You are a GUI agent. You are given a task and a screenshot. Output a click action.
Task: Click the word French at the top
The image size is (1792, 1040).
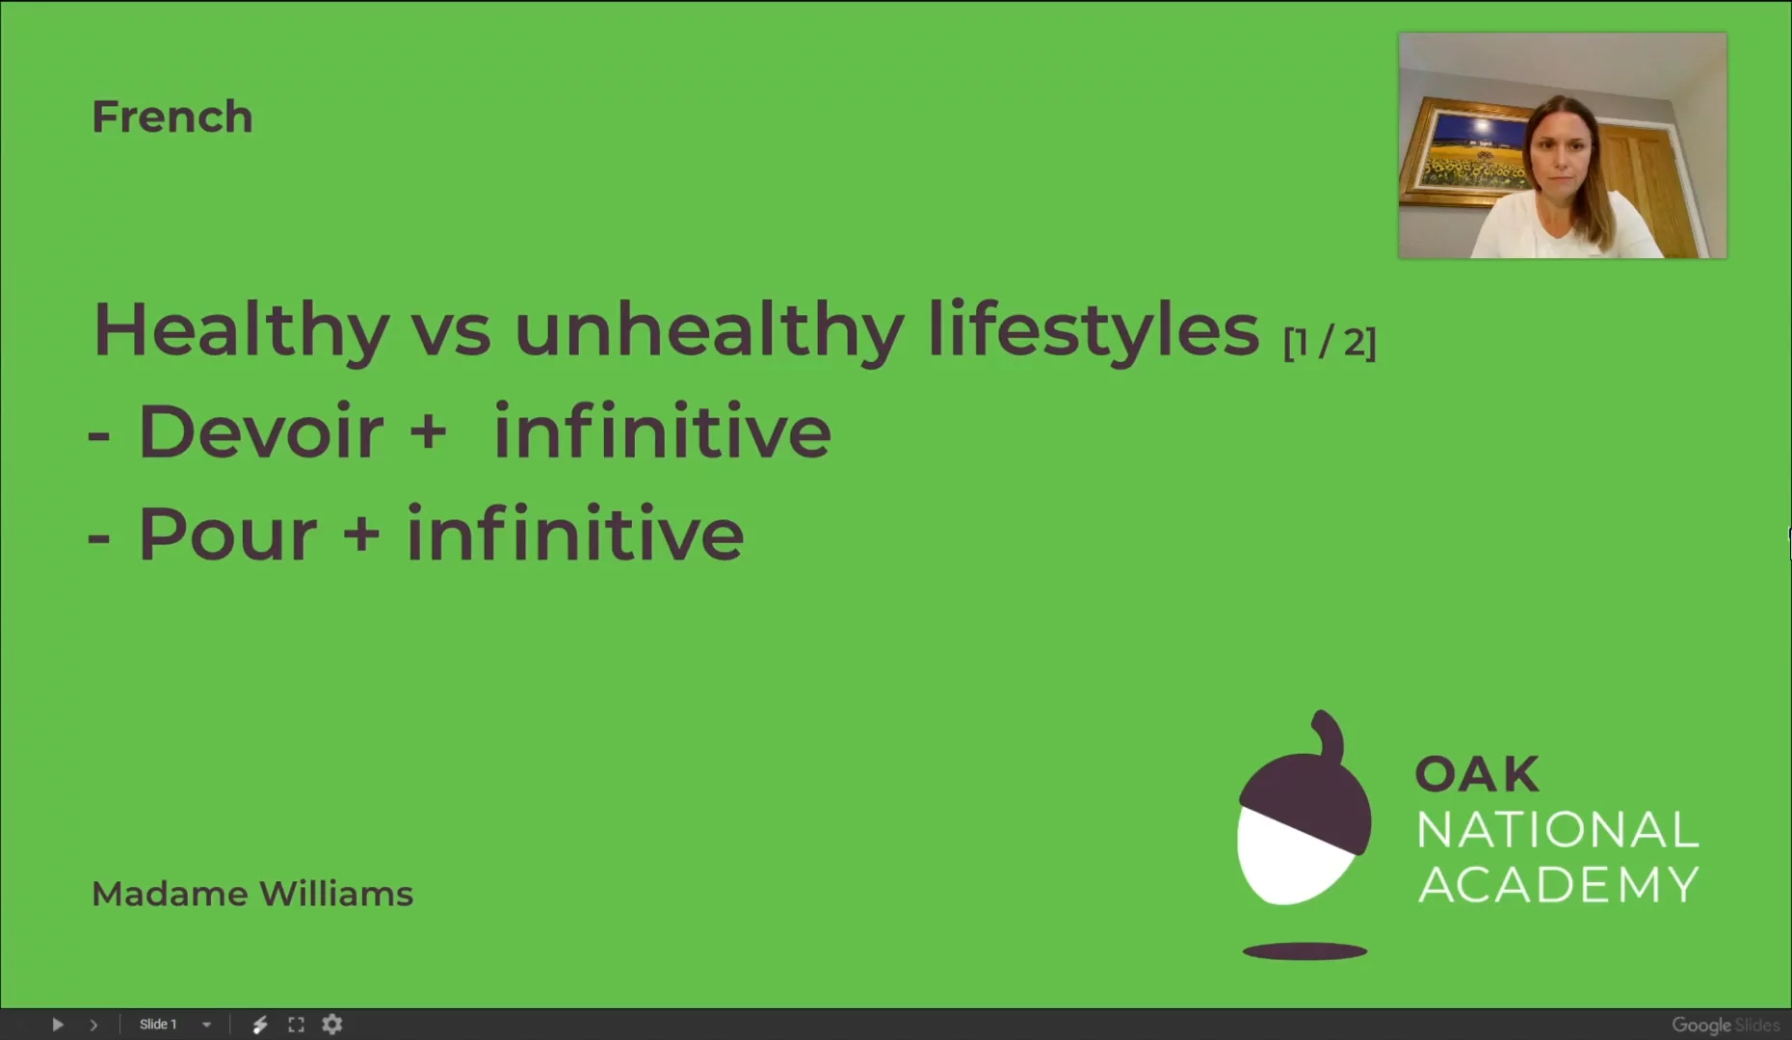pos(171,117)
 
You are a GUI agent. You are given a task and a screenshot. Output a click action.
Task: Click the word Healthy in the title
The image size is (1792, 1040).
pos(241,330)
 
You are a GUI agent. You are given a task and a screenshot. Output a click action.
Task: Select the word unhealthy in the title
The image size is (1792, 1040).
pos(709,330)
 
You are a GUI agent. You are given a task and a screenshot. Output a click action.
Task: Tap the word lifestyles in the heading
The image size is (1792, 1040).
pos(1094,330)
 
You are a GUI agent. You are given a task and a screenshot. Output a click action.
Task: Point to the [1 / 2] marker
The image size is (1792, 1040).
pos(1330,342)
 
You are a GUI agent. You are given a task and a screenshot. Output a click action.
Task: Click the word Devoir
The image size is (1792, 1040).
pos(261,431)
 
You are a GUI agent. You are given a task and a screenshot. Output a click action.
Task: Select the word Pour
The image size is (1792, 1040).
pos(227,533)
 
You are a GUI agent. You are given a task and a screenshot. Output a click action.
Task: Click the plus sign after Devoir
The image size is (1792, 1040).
pos(428,432)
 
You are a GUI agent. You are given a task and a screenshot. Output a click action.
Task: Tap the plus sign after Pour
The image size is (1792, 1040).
pos(361,533)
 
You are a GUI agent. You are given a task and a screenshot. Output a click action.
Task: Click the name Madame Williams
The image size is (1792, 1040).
pos(251,894)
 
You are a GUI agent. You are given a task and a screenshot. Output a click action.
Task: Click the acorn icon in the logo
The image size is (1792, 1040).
pos(1304,819)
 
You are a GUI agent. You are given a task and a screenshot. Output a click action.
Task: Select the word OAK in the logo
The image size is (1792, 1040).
pos(1476,774)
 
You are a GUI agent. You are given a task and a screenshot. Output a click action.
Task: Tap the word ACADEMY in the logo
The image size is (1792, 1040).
pos(1558,885)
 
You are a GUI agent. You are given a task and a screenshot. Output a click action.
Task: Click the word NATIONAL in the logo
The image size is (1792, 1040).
pos(1557,829)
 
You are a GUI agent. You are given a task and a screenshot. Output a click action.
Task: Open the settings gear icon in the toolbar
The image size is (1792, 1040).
pos(332,1025)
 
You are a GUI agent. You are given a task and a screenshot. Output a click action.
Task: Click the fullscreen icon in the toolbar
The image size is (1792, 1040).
pos(296,1025)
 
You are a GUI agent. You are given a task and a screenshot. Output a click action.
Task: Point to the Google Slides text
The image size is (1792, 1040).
pos(1725,1025)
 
